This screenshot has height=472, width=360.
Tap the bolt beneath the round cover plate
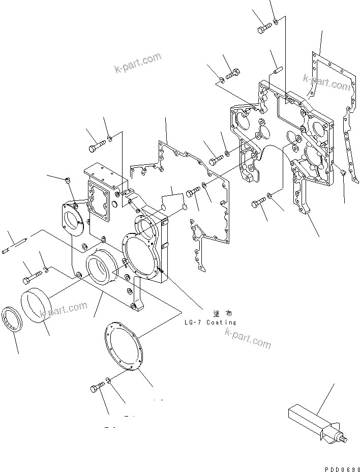(97, 389)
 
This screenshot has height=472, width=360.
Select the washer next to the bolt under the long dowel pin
(46, 269)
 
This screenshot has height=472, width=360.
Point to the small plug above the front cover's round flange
(68, 179)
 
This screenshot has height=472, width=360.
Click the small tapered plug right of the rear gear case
(343, 173)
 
